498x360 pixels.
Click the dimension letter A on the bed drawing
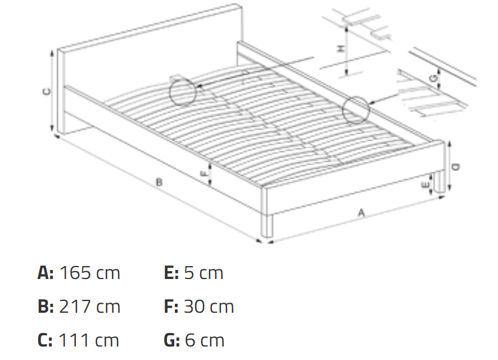(361, 212)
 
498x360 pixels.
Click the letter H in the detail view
(340, 49)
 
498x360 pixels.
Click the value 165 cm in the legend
(89, 273)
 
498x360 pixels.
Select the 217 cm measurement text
(89, 307)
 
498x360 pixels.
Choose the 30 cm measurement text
(209, 307)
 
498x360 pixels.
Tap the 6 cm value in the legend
(204, 340)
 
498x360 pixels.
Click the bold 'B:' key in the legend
(45, 307)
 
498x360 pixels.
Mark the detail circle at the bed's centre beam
(183, 92)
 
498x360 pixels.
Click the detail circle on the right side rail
(356, 110)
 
